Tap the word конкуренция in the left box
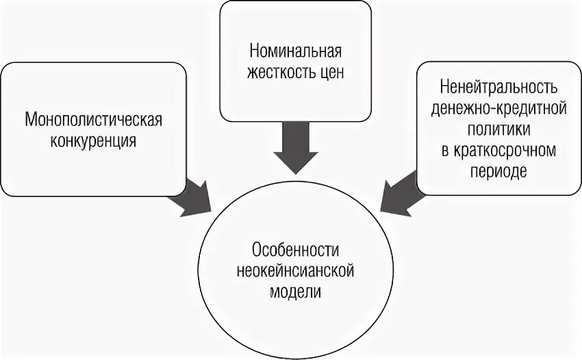(x=93, y=141)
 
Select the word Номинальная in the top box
(x=295, y=52)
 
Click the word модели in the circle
(x=295, y=290)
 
